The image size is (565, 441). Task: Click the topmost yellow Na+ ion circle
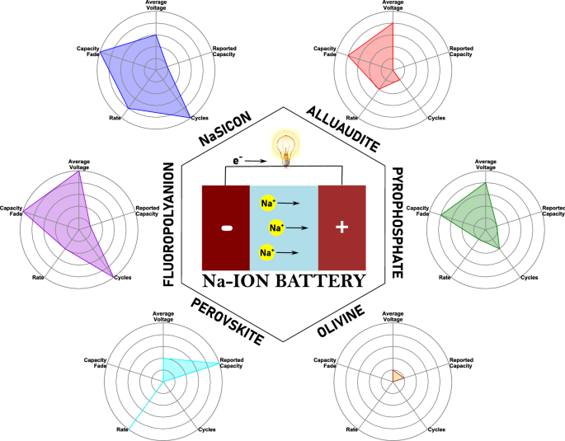[268, 202]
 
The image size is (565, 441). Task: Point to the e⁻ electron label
[237, 162]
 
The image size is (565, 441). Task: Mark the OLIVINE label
[341, 321]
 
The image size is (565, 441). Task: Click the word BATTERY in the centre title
[326, 280]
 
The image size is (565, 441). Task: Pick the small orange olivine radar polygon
[397, 377]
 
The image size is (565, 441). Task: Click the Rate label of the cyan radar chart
[122, 429]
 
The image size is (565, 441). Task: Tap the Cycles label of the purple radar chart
[123, 278]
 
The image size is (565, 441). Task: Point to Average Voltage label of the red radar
[393, 5]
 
